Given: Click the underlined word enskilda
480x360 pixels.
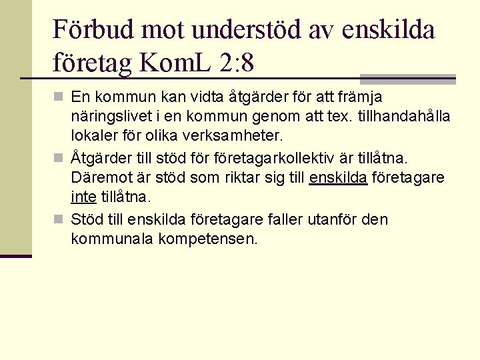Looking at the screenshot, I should coord(338,178).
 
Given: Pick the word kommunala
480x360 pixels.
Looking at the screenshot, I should coord(111,239).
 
